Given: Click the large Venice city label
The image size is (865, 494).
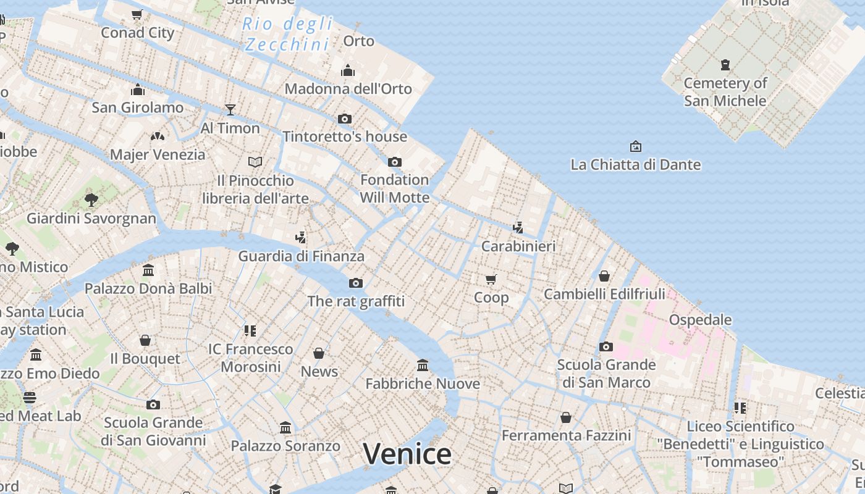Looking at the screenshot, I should [x=407, y=454].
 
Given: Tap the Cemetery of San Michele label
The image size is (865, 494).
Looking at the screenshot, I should [x=725, y=92].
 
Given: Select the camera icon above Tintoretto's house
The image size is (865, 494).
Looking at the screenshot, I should [x=345, y=119].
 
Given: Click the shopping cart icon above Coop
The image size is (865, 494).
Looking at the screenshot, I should [x=491, y=279].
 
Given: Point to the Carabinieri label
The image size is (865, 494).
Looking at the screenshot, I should [x=518, y=246].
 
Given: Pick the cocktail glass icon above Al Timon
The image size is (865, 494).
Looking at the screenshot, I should [x=230, y=110].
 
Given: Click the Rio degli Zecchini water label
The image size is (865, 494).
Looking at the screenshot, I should [x=287, y=35].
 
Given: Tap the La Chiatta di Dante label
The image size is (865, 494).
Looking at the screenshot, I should [x=635, y=165].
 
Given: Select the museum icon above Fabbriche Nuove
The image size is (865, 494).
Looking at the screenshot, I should [x=423, y=366].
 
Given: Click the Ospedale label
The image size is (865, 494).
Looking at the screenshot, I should [x=700, y=320].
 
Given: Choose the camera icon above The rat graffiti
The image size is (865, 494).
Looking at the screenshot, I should [x=356, y=283].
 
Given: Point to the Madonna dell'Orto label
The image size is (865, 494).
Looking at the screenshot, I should [x=348, y=89].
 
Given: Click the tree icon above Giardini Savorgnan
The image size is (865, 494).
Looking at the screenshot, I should [x=91, y=199].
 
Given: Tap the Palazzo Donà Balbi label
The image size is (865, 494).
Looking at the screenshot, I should [x=148, y=288].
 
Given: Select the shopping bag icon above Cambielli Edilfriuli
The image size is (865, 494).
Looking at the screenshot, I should [x=604, y=276].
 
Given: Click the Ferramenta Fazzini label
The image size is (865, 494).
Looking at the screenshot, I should [x=566, y=435].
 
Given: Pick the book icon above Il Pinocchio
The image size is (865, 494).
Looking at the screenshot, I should [x=255, y=162].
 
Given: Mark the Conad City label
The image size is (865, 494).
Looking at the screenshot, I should [x=138, y=33].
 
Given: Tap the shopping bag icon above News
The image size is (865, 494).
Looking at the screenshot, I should [x=319, y=353].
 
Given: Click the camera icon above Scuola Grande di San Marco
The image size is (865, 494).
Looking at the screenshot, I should [x=606, y=346].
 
